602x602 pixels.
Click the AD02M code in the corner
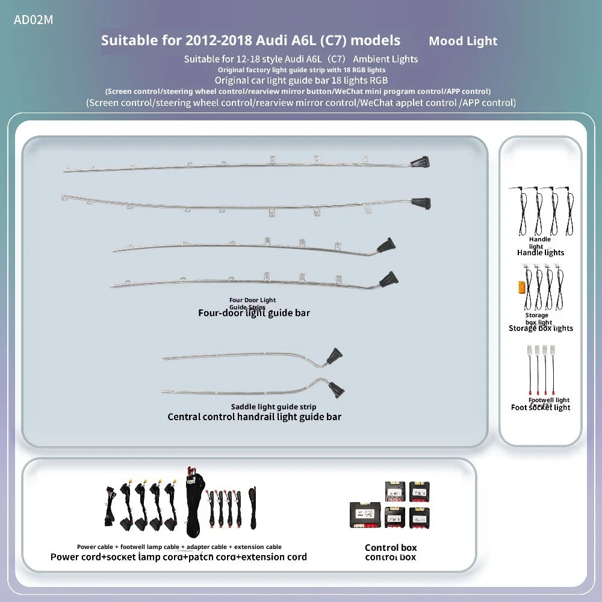pyautogui.click(x=34, y=20)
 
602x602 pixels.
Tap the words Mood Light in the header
pyautogui.click(x=463, y=41)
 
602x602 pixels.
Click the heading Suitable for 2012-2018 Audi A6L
pyautogui.click(x=250, y=40)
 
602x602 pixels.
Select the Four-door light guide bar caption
pyautogui.click(x=254, y=313)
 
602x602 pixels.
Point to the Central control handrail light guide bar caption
pyautogui.click(x=254, y=417)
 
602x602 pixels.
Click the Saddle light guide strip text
pyautogui.click(x=273, y=407)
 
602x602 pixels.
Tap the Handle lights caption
pyautogui.click(x=541, y=253)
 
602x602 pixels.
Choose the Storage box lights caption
pyautogui.click(x=541, y=328)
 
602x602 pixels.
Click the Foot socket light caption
pyautogui.click(x=541, y=408)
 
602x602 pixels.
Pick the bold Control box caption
pyautogui.click(x=391, y=547)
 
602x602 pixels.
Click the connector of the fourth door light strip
pyautogui.click(x=389, y=278)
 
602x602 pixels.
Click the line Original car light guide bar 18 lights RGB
pyautogui.click(x=301, y=80)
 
